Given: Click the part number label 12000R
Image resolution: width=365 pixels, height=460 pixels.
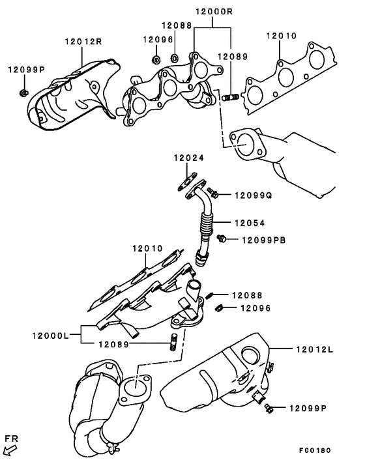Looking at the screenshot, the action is coord(214,12).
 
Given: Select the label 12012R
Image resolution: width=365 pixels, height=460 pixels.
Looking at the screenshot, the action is coord(83,41).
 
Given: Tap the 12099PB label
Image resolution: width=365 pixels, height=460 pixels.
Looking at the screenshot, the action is coord(263,240).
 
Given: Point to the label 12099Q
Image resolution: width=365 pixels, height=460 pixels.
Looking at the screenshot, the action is coord(253,195).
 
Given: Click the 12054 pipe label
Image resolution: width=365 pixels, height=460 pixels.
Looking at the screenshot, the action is coord(250,223).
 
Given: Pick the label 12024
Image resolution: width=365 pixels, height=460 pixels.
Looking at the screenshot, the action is coord(188,158).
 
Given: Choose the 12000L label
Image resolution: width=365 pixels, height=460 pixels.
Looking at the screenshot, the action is coord(50,335).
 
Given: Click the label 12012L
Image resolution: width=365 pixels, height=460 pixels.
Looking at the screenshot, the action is coord(315,349).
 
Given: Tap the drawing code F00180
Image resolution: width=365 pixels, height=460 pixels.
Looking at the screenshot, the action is coord(315,450).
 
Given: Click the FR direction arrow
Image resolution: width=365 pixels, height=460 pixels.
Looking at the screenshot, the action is coord(12,450).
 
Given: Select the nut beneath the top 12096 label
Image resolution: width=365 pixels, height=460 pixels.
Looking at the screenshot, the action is coord(156,59).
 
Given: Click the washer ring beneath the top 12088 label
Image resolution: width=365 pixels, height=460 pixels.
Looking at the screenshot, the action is coord(174,58).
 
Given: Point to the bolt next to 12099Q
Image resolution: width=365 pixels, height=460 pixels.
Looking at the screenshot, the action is coord(212,192).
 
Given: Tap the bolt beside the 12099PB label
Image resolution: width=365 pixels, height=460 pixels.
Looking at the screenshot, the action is coord(222,238).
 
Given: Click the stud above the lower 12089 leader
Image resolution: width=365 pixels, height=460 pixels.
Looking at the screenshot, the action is coord(173,342).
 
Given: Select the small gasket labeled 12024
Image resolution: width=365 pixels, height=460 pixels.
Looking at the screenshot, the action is coord(187,182).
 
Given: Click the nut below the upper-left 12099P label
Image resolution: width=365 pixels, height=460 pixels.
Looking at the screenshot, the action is coord(23,93).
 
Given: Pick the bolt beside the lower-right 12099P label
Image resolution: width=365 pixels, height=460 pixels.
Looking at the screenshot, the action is coord(269,408).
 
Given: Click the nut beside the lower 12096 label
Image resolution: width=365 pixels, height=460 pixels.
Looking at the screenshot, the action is coord(218,308).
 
